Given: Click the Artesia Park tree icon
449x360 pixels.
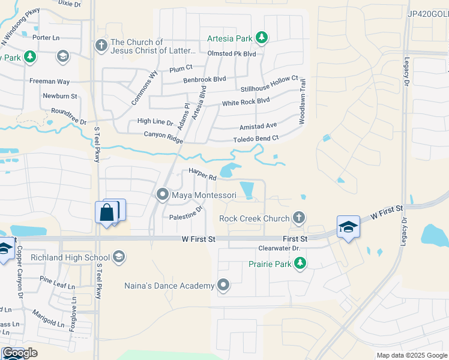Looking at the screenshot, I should (x=262, y=38).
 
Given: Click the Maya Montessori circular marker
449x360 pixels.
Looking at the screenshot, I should (x=162, y=195).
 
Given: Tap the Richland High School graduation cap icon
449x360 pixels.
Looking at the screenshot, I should (x=119, y=257).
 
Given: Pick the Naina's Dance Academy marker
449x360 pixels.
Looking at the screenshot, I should (x=224, y=286).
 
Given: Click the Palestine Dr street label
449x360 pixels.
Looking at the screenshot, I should (x=186, y=213).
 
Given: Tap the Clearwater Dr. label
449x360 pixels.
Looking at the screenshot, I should (x=279, y=248).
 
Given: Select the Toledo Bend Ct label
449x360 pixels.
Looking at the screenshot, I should (x=256, y=139).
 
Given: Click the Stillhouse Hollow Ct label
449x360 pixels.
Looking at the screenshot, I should (x=269, y=84).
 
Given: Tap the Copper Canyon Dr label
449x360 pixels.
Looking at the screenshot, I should (x=20, y=272).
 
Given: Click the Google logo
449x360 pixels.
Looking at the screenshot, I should (x=20, y=353).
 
